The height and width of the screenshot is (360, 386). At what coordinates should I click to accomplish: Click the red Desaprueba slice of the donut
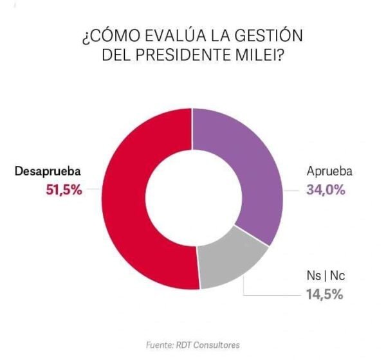[x=129, y=199]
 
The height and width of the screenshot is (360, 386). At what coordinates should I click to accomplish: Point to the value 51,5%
[x=64, y=190]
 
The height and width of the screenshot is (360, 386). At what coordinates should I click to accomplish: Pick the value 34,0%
[x=325, y=190]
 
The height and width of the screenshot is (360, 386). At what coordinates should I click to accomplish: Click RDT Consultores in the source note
[x=209, y=345]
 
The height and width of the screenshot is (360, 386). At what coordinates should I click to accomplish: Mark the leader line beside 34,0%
[x=290, y=190]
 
